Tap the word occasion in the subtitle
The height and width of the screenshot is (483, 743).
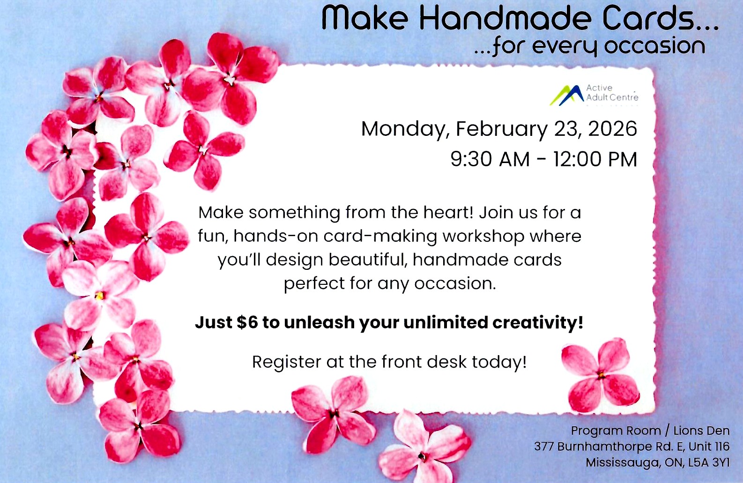pos(654,46)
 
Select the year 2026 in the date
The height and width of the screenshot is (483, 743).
pos(612,129)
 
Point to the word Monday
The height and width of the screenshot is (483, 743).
pos(403,129)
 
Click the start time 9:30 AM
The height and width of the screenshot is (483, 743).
pos(490,159)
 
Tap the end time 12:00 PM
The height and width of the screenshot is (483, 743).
pos(595,159)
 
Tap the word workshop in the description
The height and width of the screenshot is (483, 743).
pos(483,236)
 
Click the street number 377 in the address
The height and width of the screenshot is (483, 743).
pos(544,446)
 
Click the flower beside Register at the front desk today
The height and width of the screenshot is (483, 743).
pos(601,375)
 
